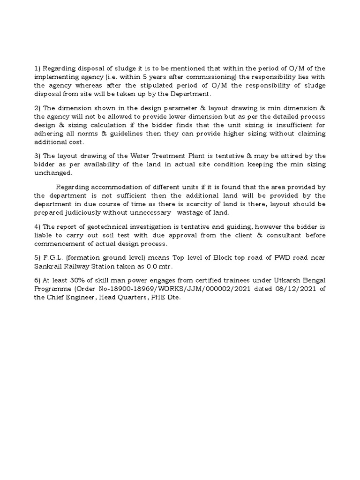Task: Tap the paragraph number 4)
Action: tap(37, 226)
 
